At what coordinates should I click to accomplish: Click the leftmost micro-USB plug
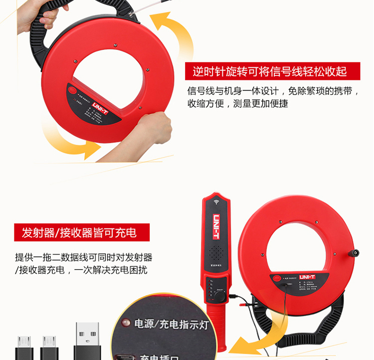point(23,347)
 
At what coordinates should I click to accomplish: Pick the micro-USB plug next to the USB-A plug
point(49,347)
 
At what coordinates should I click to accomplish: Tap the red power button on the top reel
point(73,91)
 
